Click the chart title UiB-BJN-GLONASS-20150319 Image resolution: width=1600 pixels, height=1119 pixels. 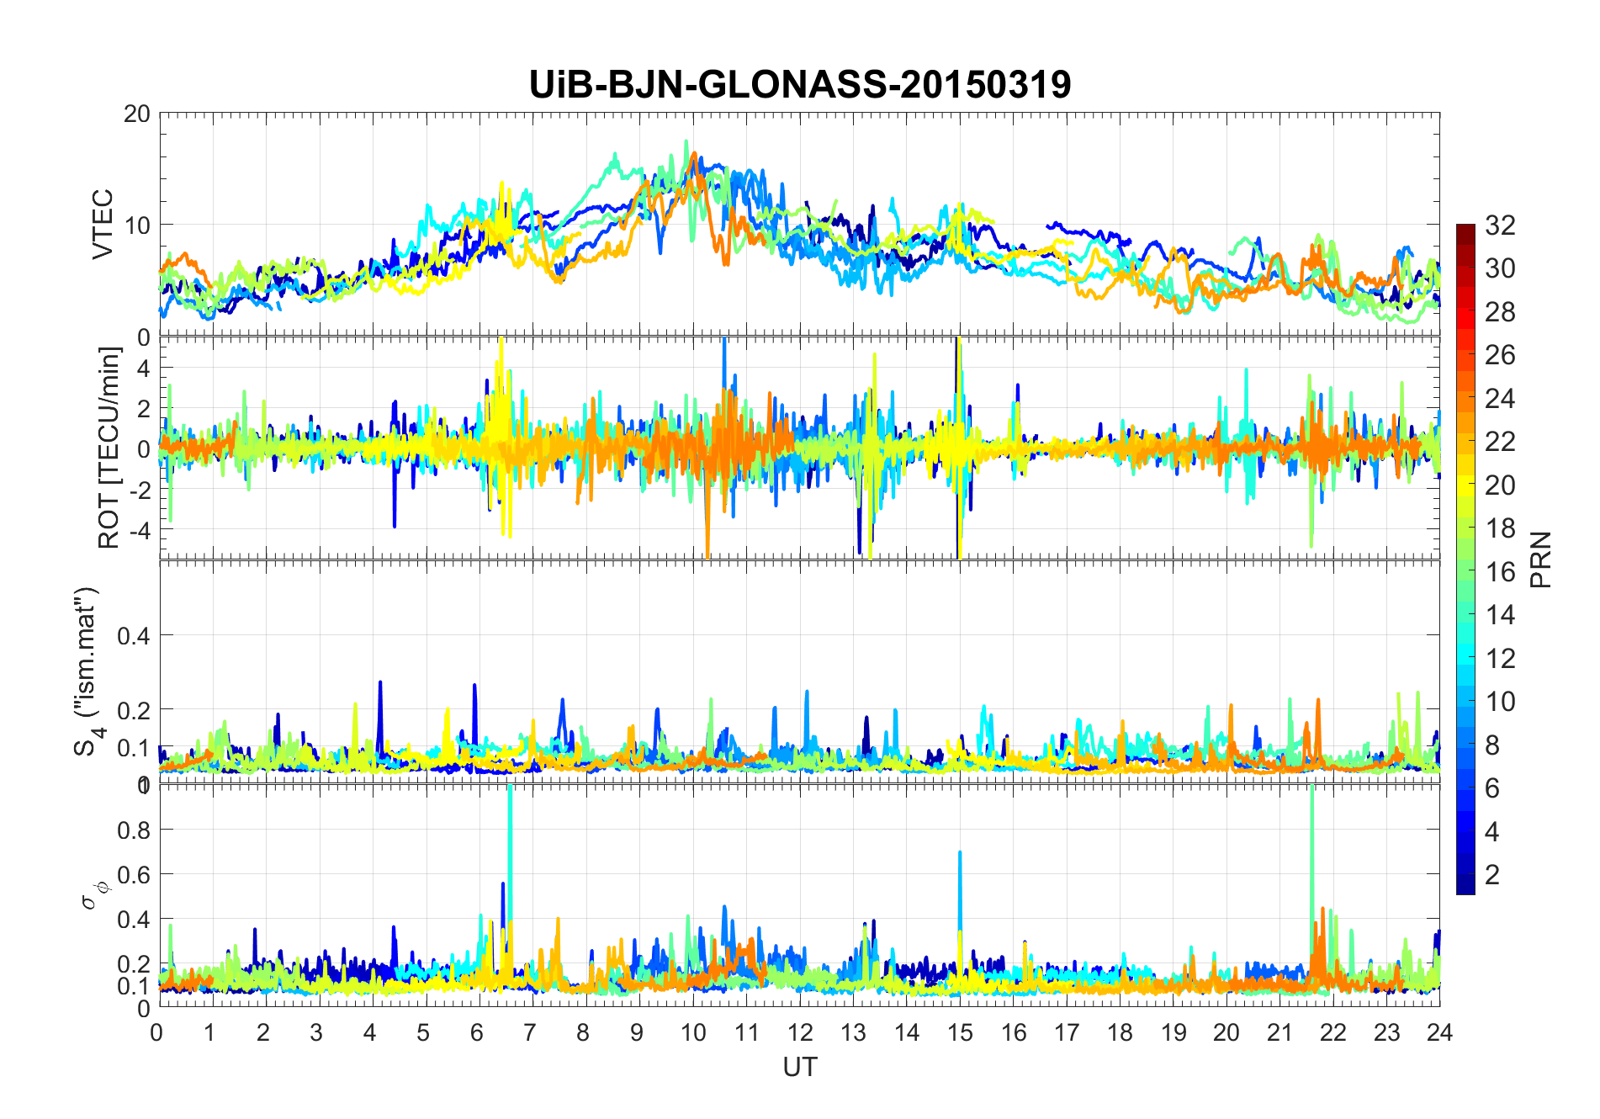coord(799,85)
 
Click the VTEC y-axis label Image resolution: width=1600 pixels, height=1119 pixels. coord(103,224)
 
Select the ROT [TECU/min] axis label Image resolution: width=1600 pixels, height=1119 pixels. coord(109,448)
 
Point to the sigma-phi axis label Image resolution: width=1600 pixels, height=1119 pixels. coord(89,894)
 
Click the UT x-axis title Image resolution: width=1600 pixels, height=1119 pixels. coord(799,1067)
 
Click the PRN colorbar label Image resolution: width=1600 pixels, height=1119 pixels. coord(1541,559)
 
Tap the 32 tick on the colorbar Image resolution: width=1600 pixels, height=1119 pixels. coord(1500,225)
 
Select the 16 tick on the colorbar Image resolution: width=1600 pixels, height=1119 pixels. coord(1500,571)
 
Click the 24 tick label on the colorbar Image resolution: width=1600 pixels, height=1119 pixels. coord(1500,398)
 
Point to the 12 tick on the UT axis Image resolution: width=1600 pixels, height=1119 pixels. coord(799,1031)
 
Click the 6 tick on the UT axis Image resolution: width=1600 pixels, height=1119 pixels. coord(478,1031)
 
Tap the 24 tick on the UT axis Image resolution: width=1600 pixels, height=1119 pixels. coord(1439,1031)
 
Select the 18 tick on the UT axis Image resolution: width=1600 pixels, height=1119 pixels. coord(1120,1031)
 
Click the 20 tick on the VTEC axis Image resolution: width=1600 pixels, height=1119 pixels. coord(137,114)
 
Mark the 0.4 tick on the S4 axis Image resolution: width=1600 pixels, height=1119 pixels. coord(134,635)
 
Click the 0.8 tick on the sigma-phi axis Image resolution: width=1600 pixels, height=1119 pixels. coord(134,830)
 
